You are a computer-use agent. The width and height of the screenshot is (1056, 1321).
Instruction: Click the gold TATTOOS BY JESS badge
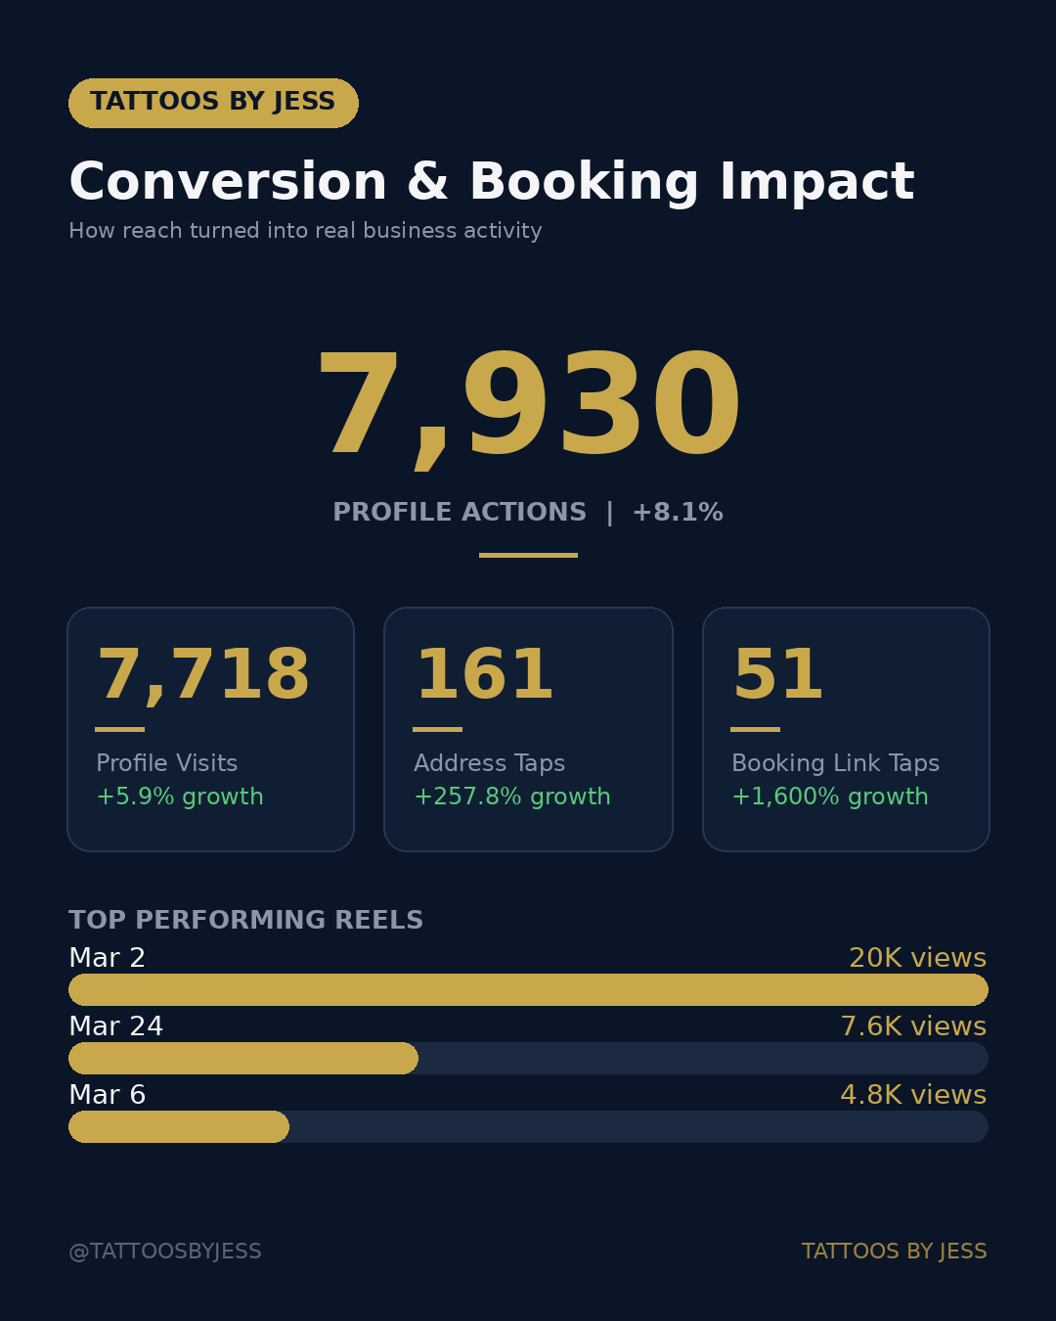click(213, 103)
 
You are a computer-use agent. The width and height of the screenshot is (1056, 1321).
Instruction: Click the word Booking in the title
click(584, 183)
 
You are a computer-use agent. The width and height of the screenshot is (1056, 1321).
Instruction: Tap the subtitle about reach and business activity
click(305, 231)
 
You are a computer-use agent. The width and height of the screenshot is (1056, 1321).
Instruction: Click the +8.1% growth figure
click(678, 513)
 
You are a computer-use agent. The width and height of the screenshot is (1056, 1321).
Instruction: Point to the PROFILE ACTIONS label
click(460, 513)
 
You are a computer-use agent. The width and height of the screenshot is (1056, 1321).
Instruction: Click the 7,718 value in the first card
click(203, 675)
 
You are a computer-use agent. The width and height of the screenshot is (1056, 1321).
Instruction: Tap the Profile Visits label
click(167, 763)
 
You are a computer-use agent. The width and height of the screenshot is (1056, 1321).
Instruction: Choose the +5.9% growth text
click(180, 797)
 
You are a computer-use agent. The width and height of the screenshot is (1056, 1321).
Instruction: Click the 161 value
click(485, 675)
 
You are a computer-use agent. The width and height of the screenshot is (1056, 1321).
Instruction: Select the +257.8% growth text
click(512, 797)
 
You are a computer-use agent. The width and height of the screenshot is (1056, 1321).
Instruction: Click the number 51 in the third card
click(778, 675)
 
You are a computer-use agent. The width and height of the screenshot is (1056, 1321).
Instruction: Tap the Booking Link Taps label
click(835, 763)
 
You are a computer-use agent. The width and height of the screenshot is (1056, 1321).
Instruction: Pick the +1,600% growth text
click(830, 797)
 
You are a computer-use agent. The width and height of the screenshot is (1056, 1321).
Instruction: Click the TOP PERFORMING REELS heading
click(246, 921)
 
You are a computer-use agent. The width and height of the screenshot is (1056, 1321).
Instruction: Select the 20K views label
click(917, 958)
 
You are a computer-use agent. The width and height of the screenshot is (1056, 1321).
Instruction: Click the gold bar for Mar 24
click(243, 1058)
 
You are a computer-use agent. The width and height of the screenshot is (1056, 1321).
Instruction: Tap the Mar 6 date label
click(108, 1095)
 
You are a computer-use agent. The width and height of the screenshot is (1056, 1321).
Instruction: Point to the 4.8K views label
click(913, 1095)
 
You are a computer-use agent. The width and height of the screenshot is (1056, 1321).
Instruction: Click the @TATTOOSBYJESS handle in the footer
click(165, 1252)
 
